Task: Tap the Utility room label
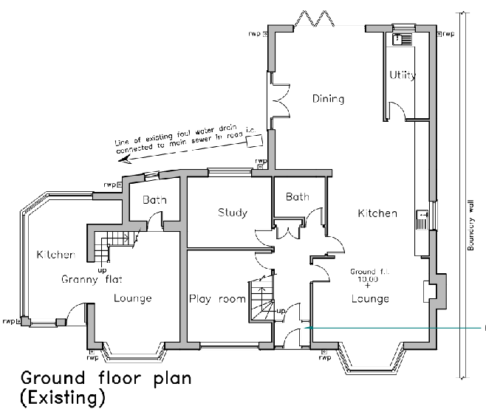click(x=403, y=75)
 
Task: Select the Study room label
click(x=232, y=213)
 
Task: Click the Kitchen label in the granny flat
click(x=55, y=255)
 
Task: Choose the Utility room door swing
click(x=397, y=111)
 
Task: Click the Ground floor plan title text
click(x=106, y=379)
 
